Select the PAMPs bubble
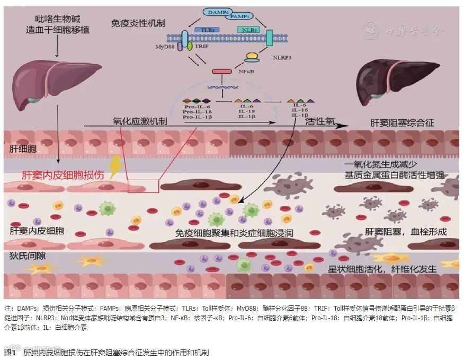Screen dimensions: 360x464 (241, 17)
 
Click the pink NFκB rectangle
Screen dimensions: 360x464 (222, 71)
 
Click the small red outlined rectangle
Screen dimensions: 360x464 (143, 186)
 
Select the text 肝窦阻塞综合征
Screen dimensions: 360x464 (402, 123)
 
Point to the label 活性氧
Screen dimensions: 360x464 (320, 121)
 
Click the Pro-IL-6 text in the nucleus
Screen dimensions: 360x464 (195, 107)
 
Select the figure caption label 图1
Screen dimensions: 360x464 (11, 352)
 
